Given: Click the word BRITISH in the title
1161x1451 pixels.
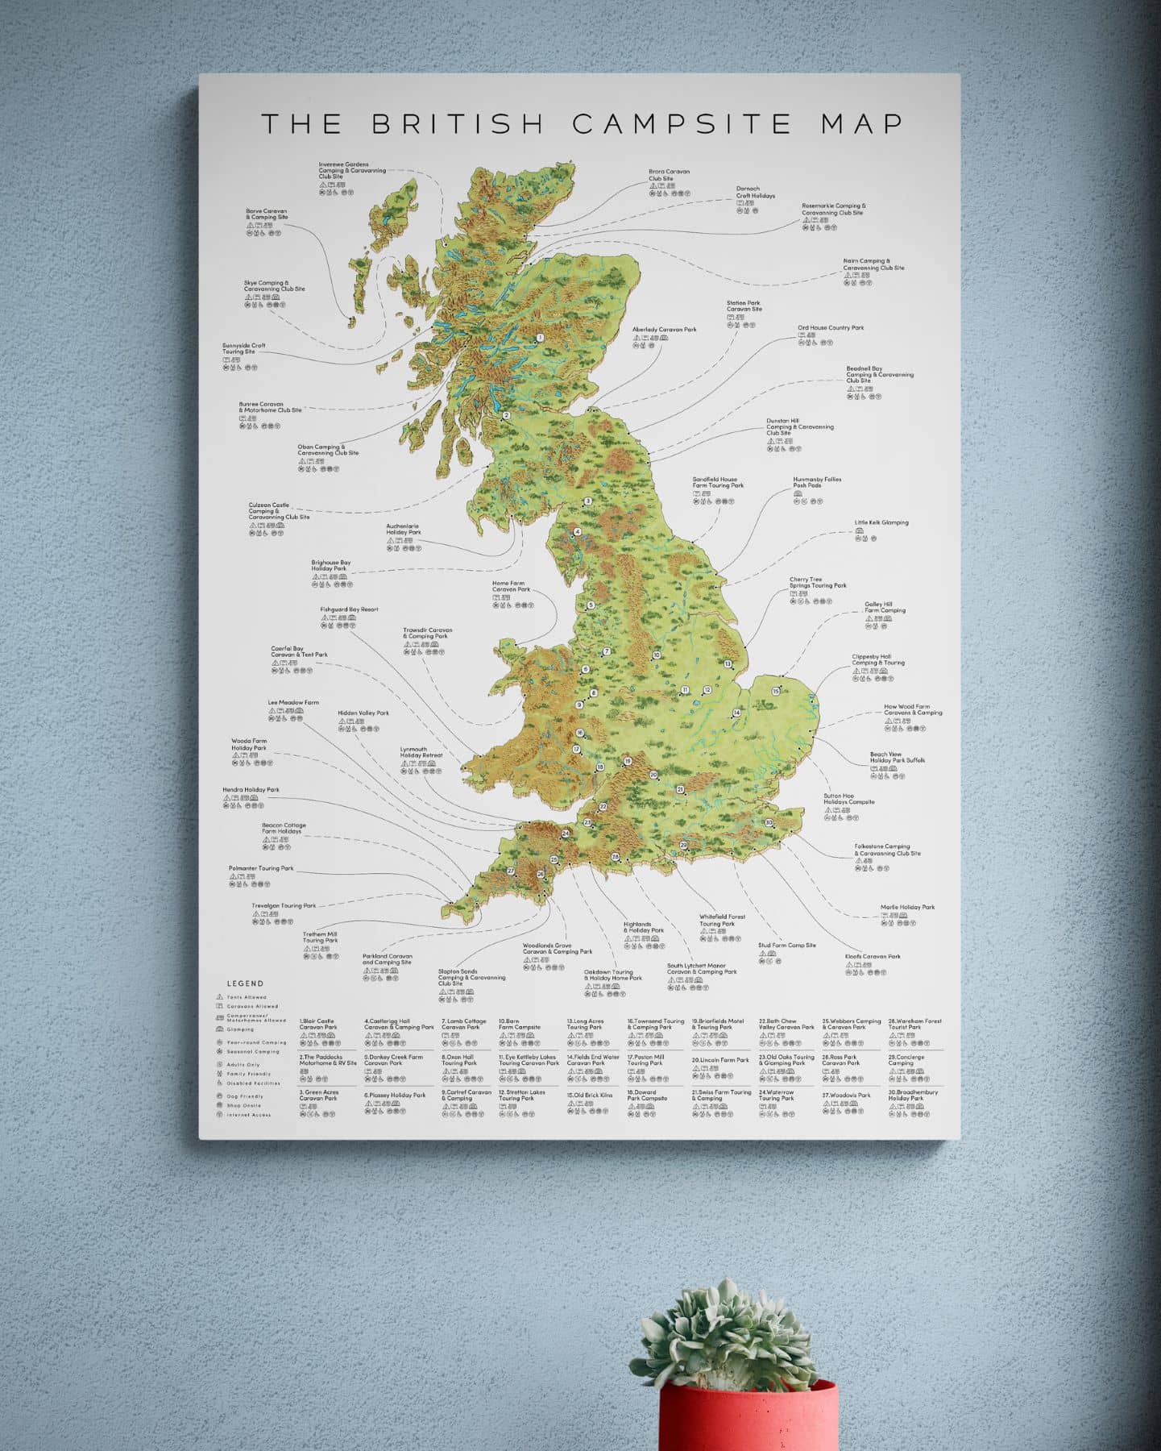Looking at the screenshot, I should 458,123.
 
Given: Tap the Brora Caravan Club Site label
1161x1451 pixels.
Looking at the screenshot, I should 669,175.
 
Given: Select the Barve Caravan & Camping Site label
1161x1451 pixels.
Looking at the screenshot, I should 267,214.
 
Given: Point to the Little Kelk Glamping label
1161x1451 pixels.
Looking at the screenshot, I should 881,522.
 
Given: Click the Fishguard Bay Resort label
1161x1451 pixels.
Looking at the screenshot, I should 349,609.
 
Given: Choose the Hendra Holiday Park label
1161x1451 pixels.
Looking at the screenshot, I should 251,790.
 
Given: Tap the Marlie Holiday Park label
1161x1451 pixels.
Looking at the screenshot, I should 907,907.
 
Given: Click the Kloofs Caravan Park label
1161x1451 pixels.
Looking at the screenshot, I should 873,957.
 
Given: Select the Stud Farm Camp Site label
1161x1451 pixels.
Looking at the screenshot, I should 786,946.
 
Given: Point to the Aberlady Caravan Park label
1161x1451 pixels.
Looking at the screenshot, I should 664,330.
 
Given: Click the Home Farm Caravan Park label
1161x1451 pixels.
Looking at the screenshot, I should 511,586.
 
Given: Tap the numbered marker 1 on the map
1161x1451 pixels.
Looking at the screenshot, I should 540,339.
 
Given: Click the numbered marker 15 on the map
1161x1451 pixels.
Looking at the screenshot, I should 777,691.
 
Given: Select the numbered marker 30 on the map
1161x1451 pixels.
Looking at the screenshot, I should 769,822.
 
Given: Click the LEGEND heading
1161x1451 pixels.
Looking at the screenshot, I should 245,983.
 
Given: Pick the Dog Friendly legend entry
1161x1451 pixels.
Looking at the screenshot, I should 245,1096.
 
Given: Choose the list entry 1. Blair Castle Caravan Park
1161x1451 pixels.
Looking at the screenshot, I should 317,1025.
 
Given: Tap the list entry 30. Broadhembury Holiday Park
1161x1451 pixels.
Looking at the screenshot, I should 913,1096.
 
